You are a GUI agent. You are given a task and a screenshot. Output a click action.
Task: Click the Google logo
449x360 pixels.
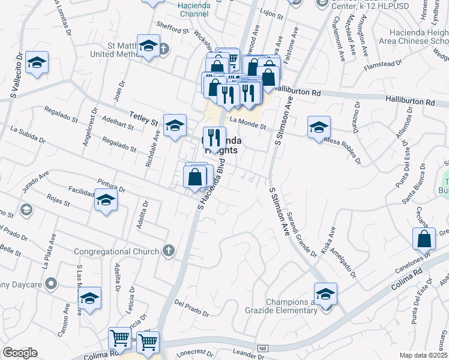tap(20, 353)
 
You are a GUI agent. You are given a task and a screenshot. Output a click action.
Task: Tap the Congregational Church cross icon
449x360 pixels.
tap(169, 251)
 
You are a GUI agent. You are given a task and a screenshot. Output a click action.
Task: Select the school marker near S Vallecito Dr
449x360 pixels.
tap(37, 62)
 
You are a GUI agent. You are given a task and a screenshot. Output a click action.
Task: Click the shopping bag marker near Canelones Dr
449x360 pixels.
tap(424, 238)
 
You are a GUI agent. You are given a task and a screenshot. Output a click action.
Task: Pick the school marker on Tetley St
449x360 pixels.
tap(175, 125)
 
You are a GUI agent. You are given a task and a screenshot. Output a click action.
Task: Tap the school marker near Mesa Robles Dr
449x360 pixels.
tap(319, 127)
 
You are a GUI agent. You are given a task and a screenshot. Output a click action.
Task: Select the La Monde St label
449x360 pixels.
tap(247, 122)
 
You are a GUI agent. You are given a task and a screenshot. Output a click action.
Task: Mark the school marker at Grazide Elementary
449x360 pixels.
tap(325, 294)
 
